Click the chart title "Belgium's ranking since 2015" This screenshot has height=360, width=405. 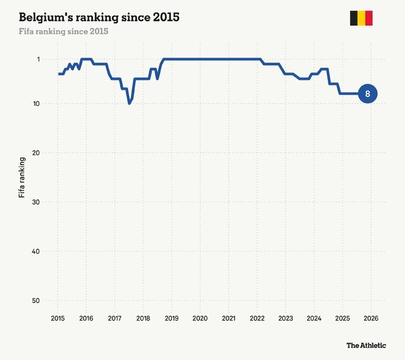tap(99, 17)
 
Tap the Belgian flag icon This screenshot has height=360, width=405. tap(361, 18)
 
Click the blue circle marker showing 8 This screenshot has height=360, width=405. tap(368, 94)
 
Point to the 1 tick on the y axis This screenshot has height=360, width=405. tap(38, 59)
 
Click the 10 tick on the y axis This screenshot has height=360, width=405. tap(37, 104)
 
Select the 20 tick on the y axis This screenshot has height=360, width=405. tap(37, 153)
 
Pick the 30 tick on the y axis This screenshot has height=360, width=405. tap(37, 202)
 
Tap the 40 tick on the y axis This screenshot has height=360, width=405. tap(37, 252)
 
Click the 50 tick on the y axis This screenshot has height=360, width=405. tap(37, 301)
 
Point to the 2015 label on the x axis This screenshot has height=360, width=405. tap(58, 318)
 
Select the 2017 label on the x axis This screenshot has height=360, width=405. tap(115, 318)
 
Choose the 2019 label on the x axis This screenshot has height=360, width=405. tap(171, 318)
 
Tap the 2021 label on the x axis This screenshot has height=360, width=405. tap(228, 318)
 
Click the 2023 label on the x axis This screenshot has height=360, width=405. tap(285, 318)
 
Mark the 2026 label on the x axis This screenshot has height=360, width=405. tap(371, 318)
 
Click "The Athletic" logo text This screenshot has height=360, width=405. tap(366, 345)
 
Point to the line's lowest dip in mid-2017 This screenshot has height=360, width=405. tap(129, 102)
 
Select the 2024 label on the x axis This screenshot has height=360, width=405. tap(314, 318)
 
